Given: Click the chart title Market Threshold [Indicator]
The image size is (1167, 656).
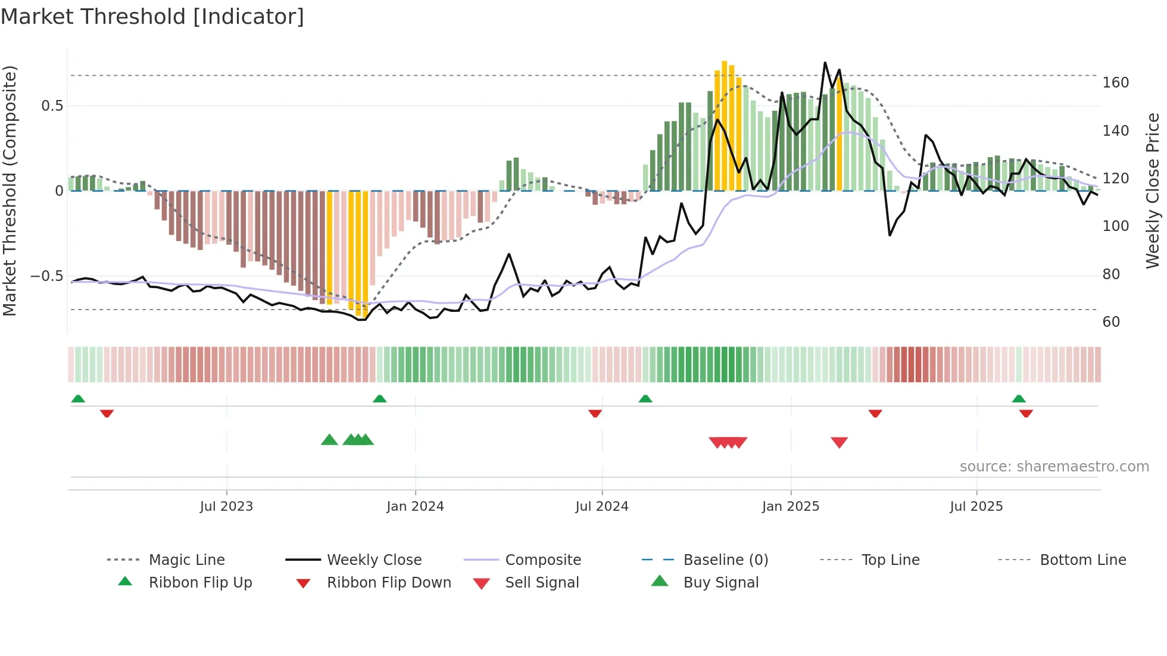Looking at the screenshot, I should [x=152, y=17].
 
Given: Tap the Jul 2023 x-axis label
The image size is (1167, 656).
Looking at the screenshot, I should [x=226, y=507].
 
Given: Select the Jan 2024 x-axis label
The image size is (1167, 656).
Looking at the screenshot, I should [x=415, y=507].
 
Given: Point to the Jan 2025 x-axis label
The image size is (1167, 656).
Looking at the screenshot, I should [x=791, y=507].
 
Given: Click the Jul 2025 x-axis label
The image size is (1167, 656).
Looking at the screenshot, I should [x=976, y=507].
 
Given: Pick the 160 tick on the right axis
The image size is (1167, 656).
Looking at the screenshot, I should [x=1115, y=83].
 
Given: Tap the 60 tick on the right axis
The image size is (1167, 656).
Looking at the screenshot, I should [x=1111, y=322].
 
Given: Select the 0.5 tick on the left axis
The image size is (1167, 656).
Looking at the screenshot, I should [x=52, y=106].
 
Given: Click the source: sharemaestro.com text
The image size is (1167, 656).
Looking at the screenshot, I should [x=1054, y=467].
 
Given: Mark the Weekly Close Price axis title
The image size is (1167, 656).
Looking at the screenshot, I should [x=1153, y=190].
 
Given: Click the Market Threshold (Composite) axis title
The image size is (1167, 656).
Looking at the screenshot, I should [x=10, y=190].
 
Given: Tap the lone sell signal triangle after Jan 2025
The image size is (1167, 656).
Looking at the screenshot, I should [x=839, y=442].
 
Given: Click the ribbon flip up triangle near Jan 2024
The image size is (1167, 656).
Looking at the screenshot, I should [x=380, y=399].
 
